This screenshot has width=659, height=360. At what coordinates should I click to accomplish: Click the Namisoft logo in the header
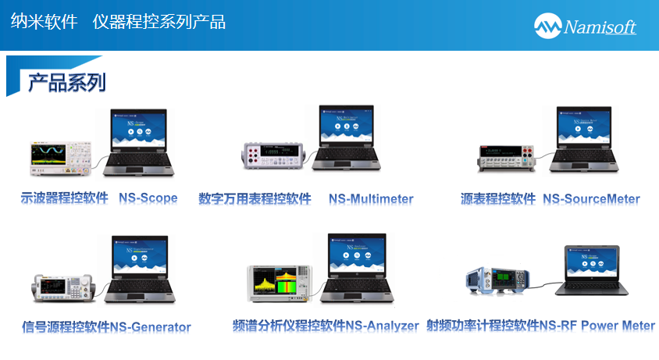[x=585, y=26]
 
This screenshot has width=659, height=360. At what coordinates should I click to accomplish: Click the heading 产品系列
[x=66, y=82]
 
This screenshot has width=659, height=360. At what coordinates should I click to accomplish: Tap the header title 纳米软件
[x=44, y=22]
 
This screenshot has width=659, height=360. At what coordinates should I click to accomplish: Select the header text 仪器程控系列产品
[x=159, y=22]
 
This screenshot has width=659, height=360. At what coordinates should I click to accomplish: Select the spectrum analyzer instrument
[x=280, y=283]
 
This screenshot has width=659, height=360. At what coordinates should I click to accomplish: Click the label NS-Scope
[x=148, y=198]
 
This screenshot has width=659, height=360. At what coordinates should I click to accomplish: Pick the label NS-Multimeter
[x=371, y=199]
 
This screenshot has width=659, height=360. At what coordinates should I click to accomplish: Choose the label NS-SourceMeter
[x=591, y=199]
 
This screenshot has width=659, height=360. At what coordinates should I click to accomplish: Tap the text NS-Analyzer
[x=383, y=326]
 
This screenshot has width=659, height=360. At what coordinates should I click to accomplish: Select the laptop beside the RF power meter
[x=590, y=269]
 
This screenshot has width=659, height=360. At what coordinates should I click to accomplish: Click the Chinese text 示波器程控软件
[x=64, y=198]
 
